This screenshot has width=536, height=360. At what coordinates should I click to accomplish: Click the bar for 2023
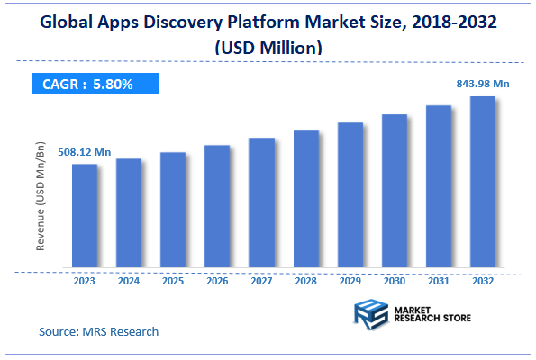tap(85, 216)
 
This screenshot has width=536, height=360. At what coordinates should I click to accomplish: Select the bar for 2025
tap(173, 210)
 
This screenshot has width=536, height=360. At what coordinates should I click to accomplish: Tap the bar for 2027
tap(261, 202)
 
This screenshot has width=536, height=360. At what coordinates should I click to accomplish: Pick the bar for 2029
tap(350, 195)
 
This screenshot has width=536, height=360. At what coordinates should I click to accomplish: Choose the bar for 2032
tap(483, 182)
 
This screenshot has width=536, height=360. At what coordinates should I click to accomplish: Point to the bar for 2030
tap(395, 191)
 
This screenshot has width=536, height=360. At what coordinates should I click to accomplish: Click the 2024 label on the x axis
tap(129, 280)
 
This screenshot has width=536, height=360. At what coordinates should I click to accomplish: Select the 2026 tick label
tap(217, 280)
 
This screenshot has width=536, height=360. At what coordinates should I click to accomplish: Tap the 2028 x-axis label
tap(306, 280)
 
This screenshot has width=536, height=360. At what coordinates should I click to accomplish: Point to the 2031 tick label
tap(439, 280)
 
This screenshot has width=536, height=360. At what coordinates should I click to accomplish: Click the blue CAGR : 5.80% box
tap(94, 85)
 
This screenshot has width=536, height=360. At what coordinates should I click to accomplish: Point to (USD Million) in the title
tap(268, 46)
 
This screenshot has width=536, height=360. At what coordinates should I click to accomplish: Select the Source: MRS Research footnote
tap(99, 331)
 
